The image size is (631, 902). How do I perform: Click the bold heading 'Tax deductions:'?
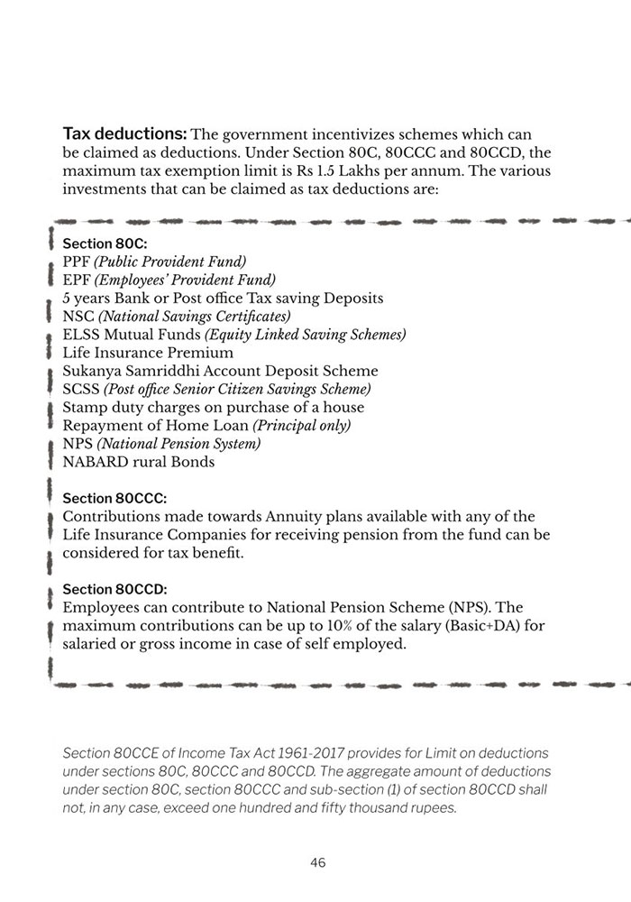point(124,134)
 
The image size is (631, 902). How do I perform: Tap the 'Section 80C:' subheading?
point(105,244)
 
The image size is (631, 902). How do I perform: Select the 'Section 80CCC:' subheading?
point(114,498)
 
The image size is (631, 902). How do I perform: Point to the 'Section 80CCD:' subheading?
point(115,589)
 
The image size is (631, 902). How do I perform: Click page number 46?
point(317,862)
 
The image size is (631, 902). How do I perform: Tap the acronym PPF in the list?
point(76,262)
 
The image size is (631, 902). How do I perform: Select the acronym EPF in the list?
point(76,280)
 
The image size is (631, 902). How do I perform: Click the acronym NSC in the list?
point(77,316)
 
